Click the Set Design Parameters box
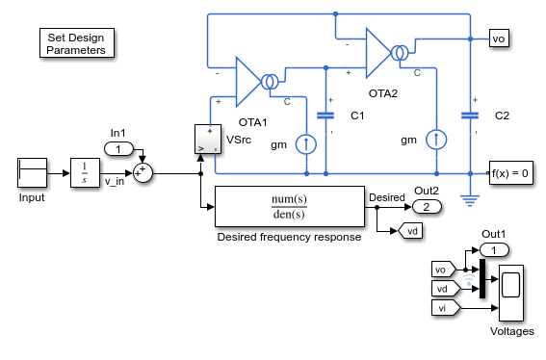[x=77, y=43]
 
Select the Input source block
[x=32, y=173]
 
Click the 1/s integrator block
[x=85, y=173]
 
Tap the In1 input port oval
[x=118, y=149]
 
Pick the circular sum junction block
[x=143, y=173]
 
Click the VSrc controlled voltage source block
[x=208, y=140]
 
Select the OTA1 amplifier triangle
[x=248, y=82]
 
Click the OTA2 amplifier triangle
[x=378, y=53]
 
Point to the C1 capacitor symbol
[x=325, y=116]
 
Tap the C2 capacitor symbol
[x=470, y=116]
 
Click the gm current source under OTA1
[x=306, y=144]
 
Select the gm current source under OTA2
[x=436, y=140]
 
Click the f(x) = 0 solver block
[x=510, y=173]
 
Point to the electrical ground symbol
[x=470, y=201]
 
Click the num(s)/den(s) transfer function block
[x=290, y=206]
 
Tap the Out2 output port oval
[x=427, y=207]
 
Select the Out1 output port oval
[x=494, y=250]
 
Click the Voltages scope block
[x=510, y=293]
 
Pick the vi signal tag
[x=446, y=308]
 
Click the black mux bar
[x=482, y=278]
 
